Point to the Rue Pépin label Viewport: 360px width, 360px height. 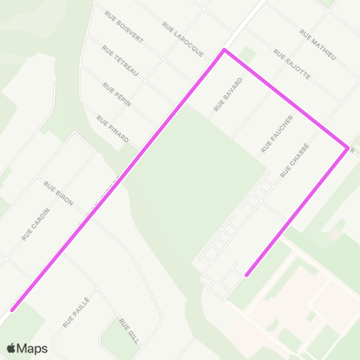click(x=117, y=94)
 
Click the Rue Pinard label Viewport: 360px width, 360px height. click(x=113, y=128)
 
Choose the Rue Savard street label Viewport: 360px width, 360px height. click(x=229, y=94)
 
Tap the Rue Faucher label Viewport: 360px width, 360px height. click(x=277, y=133)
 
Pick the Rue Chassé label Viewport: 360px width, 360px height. click(x=295, y=160)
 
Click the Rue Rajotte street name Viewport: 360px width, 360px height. click(x=292, y=64)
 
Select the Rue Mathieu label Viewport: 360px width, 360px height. click(x=318, y=45)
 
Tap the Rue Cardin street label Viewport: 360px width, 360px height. click(x=35, y=224)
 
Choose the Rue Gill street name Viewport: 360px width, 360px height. click(x=129, y=329)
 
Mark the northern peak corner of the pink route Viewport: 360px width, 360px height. click(x=223, y=51)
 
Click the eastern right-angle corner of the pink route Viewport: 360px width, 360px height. click(x=347, y=148)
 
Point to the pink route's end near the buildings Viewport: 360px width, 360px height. click(x=247, y=274)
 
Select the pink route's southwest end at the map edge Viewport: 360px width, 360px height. click(x=12, y=309)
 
